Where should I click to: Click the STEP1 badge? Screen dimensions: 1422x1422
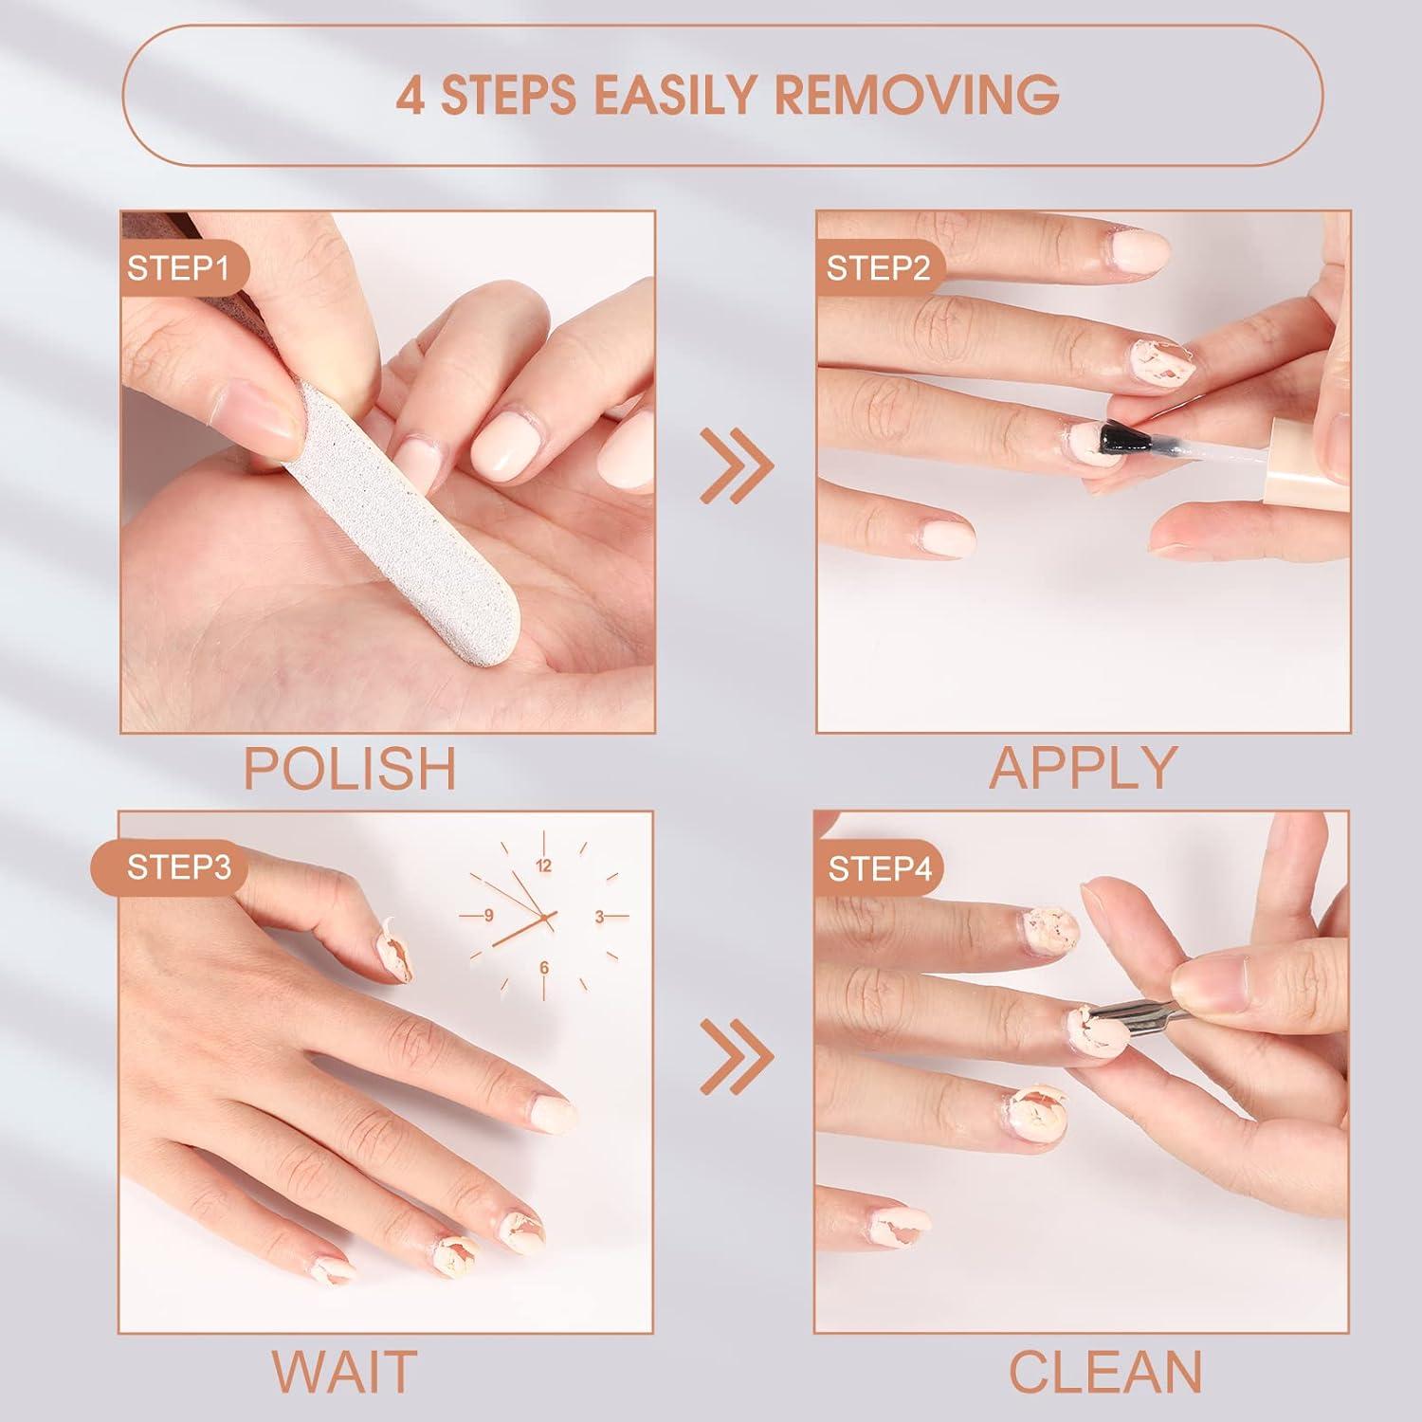[178, 268]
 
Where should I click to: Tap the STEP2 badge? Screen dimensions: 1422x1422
[877, 268]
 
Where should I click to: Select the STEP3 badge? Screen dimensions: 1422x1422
[178, 867]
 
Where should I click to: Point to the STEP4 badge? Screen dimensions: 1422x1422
[879, 868]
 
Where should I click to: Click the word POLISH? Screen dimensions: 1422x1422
[351, 769]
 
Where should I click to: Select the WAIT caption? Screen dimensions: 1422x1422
[345, 1370]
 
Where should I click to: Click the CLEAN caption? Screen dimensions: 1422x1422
[1105, 1371]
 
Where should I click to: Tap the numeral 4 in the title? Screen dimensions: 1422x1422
[410, 95]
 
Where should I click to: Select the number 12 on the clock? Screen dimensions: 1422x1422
[543, 866]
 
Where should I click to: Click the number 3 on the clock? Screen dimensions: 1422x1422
[599, 917]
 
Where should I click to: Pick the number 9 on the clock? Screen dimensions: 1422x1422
[488, 916]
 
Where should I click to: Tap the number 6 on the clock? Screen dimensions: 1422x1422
[544, 968]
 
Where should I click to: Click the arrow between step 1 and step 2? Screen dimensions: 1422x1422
[737, 465]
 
